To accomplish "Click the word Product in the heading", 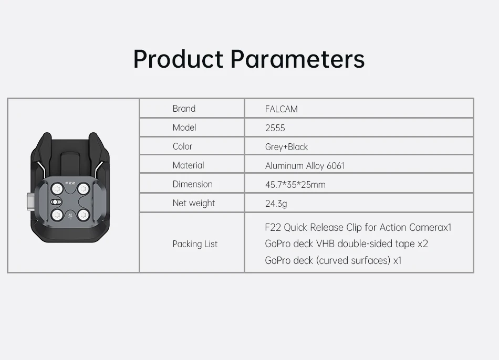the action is click(x=178, y=59).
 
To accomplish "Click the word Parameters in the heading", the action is click(x=297, y=59).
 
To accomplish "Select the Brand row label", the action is click(x=184, y=109).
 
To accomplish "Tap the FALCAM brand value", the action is click(x=282, y=109).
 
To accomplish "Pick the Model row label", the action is click(x=184, y=128).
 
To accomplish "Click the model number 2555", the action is click(x=275, y=128).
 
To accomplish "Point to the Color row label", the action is click(x=182, y=146).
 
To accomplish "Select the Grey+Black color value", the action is click(x=286, y=147).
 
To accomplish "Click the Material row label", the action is click(x=189, y=165).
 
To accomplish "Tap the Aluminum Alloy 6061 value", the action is click(x=305, y=166).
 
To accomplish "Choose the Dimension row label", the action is click(x=193, y=184).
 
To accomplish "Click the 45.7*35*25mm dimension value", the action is click(x=295, y=185).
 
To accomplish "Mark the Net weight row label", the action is click(x=194, y=203).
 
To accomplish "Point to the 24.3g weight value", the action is click(x=276, y=204).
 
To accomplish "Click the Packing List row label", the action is click(x=195, y=244).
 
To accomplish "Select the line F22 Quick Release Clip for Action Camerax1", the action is click(x=358, y=227).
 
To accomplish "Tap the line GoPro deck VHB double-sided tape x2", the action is click(x=347, y=243).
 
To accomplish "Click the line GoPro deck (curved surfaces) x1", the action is click(x=333, y=260).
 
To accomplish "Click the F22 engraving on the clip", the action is click(x=70, y=183).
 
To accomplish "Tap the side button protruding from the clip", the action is click(x=31, y=202).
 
